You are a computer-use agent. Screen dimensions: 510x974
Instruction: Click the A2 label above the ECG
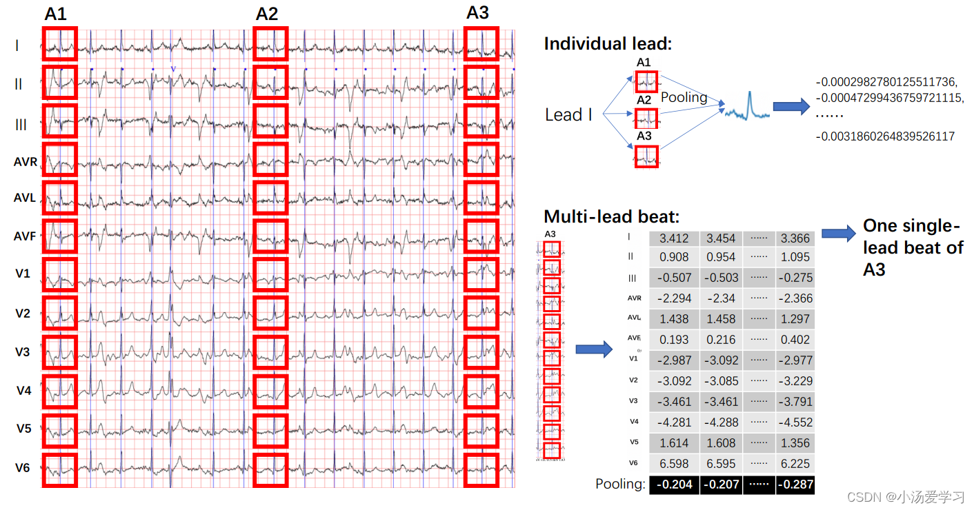(267, 14)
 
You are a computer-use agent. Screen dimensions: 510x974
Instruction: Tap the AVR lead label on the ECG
(25, 163)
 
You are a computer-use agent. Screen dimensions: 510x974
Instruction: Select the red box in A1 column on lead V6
(60, 470)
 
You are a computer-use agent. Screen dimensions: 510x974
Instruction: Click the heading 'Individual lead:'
(608, 44)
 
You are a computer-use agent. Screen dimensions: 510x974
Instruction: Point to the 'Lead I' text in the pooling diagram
(568, 115)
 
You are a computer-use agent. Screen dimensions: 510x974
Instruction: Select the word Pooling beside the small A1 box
(684, 97)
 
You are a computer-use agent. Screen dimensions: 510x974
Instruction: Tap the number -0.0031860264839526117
(885, 136)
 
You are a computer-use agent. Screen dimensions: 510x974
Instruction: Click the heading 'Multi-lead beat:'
(612, 216)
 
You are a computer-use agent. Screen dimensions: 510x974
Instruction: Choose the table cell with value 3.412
(674, 238)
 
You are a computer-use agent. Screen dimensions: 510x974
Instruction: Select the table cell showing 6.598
(674, 464)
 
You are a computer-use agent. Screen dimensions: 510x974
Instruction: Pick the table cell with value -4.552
(794, 422)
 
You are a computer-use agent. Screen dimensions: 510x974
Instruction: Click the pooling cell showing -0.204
(674, 484)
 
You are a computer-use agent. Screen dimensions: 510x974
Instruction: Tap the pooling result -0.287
(794, 484)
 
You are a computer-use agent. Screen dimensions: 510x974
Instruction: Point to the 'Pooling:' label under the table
(620, 484)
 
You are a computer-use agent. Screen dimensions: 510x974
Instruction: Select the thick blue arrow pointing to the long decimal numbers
(790, 106)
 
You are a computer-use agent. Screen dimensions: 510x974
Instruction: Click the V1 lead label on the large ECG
(23, 274)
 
